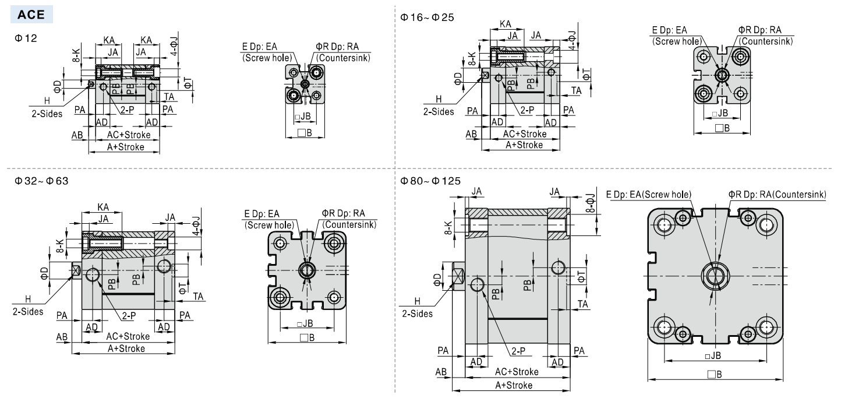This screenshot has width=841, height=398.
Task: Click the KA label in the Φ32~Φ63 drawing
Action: click(103, 207)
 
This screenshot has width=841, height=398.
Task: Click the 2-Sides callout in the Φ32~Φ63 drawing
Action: click(28, 311)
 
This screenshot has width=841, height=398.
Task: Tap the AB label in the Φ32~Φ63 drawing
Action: click(61, 337)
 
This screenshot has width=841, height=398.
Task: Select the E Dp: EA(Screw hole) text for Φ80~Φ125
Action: click(648, 195)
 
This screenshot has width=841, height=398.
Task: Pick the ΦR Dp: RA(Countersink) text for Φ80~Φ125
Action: click(777, 195)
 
